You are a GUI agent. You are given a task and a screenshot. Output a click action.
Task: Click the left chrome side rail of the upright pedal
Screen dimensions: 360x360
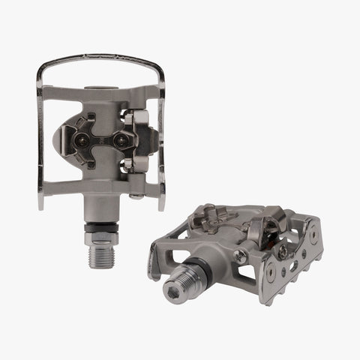(x=39, y=135)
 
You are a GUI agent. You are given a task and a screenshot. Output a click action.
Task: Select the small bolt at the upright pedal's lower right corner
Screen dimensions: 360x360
(x=136, y=197)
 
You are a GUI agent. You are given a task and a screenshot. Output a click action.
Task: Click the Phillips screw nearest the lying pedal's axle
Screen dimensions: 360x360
(x=239, y=257)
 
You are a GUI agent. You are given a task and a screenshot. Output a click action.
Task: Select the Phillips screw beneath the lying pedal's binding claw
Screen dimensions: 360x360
(x=283, y=253)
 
